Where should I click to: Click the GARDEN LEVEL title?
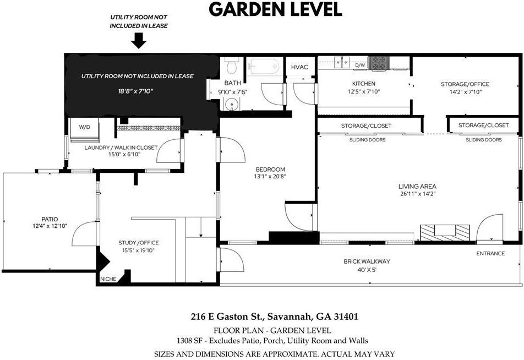pos(275,9)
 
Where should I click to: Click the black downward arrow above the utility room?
pos(139,40)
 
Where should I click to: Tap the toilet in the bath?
pos(231,67)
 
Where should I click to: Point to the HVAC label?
pos(300,67)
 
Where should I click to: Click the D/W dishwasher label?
pos(360,66)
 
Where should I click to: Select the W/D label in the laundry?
pos(84,127)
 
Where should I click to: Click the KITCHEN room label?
pos(364,84)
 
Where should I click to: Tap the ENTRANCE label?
pos(490,253)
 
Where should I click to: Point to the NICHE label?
pos(108,279)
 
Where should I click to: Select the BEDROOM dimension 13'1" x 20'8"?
pos(270,177)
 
